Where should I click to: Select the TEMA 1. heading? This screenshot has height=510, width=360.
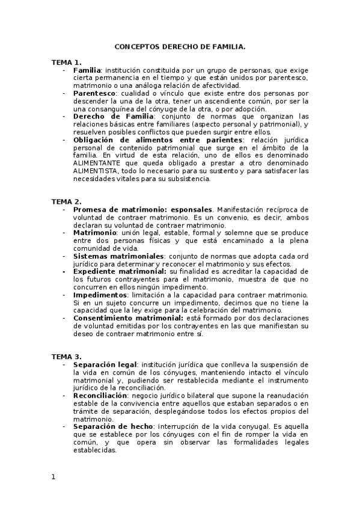click(66, 62)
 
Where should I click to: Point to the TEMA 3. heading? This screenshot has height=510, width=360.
click(66, 357)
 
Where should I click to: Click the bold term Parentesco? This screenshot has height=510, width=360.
click(94, 94)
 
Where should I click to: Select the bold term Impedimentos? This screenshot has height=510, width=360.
click(100, 295)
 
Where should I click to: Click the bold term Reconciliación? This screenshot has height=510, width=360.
click(100, 396)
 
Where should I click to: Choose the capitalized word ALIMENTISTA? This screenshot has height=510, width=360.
click(98, 170)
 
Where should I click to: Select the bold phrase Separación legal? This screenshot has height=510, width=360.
click(105, 364)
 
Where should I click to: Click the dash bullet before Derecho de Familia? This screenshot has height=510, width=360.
click(64, 116)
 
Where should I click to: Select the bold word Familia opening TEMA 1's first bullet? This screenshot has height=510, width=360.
click(87, 70)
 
